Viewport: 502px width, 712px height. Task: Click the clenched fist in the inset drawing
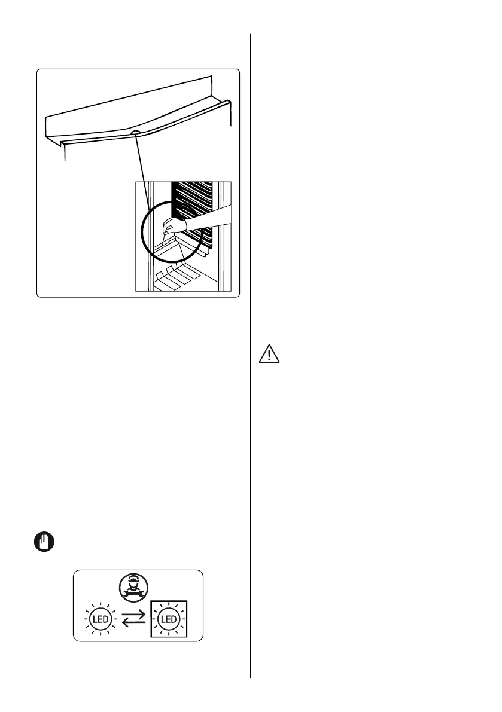pos(174,226)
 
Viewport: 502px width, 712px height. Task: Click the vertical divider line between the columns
pos(250,359)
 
